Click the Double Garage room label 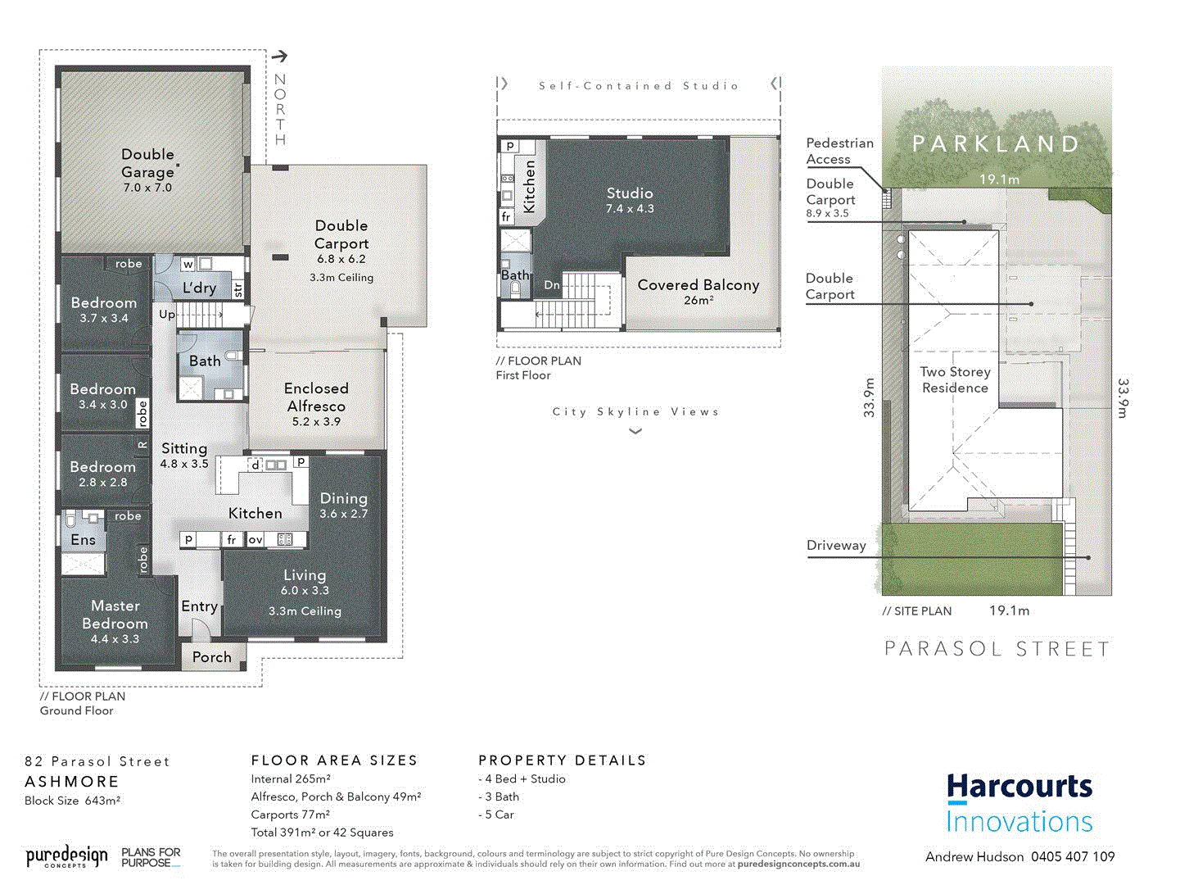point(147,163)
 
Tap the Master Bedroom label point(115,615)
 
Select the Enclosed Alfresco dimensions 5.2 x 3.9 point(316,422)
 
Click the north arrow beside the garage point(280,57)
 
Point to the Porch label point(211,657)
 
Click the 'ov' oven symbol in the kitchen point(255,539)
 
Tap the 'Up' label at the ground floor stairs point(167,314)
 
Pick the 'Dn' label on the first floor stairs point(552,285)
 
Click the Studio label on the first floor point(630,193)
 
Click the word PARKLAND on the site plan point(997,144)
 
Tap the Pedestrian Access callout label point(839,151)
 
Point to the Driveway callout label point(836,546)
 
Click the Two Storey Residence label point(955,380)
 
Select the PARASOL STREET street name point(997,649)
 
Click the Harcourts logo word point(1020,787)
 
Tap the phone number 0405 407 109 point(1073,857)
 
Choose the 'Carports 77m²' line point(291,815)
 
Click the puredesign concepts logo point(66,857)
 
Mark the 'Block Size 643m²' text point(73,801)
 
